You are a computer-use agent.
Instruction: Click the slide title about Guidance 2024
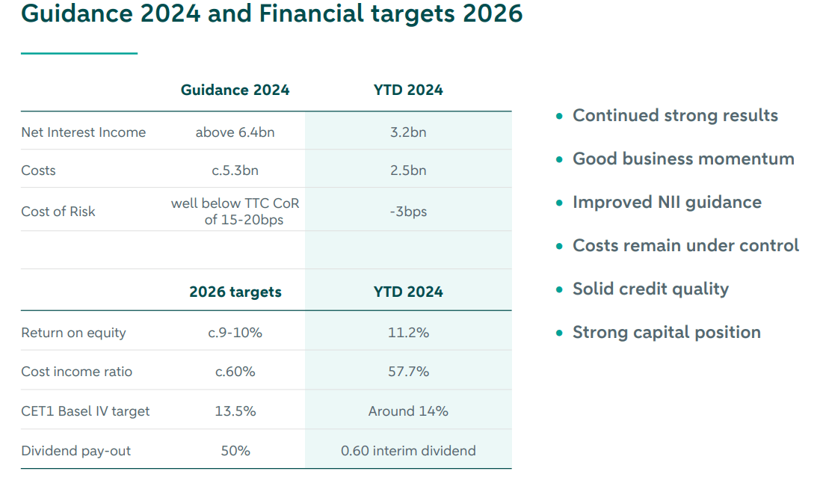pos(272,14)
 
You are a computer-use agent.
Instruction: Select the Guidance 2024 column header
pos(235,90)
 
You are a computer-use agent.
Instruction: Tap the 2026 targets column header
pos(235,292)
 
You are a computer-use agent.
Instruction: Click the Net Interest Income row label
pos(83,132)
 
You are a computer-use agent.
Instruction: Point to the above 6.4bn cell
pos(235,132)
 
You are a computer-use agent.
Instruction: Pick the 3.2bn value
pos(408,132)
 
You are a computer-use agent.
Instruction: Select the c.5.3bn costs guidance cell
pos(235,170)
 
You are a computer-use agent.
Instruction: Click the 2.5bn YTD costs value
pos(408,170)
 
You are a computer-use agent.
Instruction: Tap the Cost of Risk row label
pos(58,212)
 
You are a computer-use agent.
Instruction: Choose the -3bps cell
pos(408,212)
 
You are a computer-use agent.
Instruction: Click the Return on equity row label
pos(73,333)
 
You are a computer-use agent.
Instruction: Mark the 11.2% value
pos(408,333)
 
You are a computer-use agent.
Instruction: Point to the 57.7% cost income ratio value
pos(408,372)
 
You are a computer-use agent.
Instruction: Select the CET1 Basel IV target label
pos(85,411)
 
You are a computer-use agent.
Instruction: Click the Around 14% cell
pos(408,411)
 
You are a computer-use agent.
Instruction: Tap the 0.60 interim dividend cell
pos(408,451)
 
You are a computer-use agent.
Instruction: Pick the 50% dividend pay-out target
pos(235,451)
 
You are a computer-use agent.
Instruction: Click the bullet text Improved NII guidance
pos(667,203)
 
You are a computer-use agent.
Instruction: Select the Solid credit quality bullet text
pos(650,289)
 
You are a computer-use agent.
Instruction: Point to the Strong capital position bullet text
pos(666,333)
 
